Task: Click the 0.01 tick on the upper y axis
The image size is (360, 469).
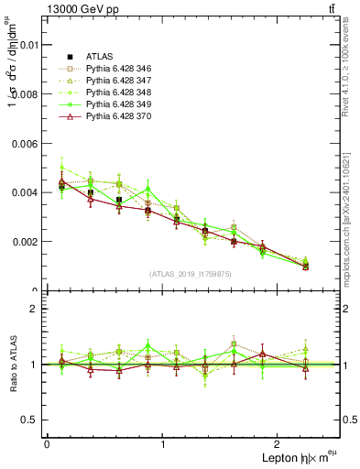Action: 27,44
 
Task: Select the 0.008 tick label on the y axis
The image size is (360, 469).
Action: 25,93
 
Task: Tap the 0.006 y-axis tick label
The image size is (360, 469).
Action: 25,143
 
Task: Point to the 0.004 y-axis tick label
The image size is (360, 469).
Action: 25,192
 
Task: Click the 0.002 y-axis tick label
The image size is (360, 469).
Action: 25,242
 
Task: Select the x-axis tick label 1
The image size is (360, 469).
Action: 163,444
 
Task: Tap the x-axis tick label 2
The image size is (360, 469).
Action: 280,444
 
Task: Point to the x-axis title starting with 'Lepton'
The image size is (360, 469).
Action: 294,456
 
